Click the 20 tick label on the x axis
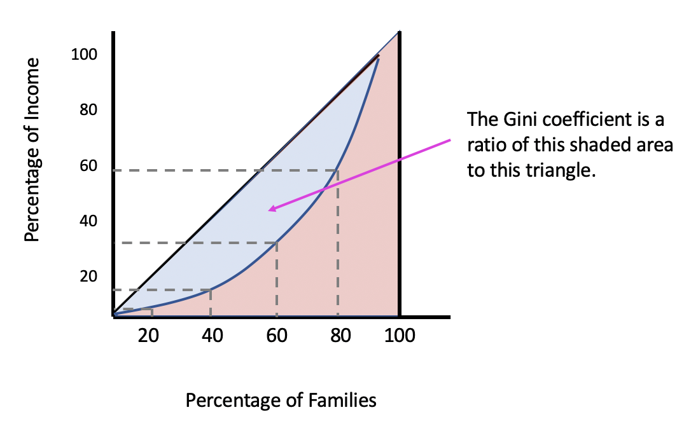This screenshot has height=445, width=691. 148,335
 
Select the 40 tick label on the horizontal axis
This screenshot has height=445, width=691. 212,335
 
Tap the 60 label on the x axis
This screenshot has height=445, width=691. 277,335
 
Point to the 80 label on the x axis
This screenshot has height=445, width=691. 341,335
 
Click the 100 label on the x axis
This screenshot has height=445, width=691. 399,335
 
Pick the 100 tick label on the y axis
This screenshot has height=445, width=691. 83,55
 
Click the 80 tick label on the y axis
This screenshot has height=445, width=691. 88,111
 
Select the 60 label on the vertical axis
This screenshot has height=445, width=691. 88,166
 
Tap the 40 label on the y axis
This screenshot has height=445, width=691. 88,221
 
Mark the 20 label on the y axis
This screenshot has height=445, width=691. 88,277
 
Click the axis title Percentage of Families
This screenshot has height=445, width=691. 281,400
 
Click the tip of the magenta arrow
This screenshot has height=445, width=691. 270,210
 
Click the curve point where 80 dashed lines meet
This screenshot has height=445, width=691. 337,170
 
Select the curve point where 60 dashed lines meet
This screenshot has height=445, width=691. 276,242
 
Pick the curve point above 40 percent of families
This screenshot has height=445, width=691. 211,290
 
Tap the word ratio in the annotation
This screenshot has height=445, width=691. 484,146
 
